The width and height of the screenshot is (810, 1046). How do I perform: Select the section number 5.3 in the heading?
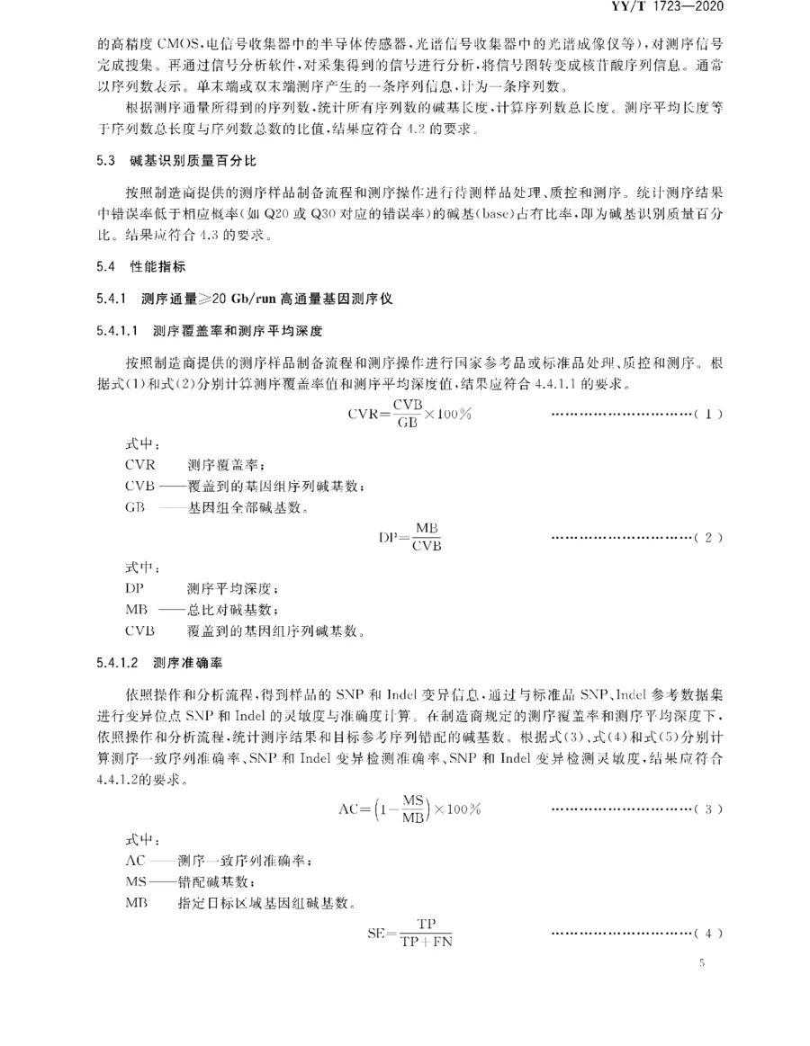coord(106,161)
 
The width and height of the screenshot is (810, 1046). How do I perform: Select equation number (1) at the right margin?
coord(708,416)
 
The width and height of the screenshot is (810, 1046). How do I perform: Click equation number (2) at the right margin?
coord(708,538)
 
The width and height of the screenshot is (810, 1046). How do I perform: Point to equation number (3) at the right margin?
coord(708,809)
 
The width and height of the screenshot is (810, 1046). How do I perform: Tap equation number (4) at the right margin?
coord(708,934)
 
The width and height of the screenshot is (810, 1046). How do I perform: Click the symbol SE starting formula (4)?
coord(375,934)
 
